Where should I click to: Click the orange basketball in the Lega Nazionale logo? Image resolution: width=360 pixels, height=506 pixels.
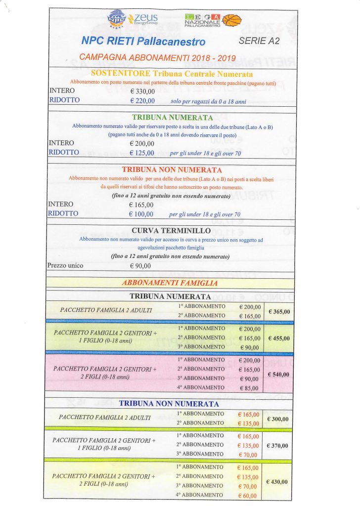coord(232,20)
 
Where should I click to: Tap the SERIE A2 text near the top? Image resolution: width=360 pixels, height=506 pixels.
coord(259,41)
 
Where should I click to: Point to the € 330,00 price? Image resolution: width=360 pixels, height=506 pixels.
coord(142,91)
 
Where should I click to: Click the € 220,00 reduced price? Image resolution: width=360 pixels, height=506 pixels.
coord(142,101)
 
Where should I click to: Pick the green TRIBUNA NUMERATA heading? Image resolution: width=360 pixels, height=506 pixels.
coord(173,118)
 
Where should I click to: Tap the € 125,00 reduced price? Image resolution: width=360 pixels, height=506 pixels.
coord(142,153)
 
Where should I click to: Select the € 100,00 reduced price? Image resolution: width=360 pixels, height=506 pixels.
coord(141,214)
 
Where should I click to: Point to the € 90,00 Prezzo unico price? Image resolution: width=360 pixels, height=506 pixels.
coord(140,266)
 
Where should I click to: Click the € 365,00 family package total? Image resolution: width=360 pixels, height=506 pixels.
coord(279,311)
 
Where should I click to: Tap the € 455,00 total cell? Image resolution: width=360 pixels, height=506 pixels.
coord(279,338)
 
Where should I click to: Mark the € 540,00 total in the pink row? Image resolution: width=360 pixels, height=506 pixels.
coord(279,374)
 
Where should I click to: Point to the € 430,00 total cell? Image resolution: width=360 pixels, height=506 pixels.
coord(278,481)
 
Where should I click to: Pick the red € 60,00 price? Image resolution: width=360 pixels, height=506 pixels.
coord(248,495)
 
